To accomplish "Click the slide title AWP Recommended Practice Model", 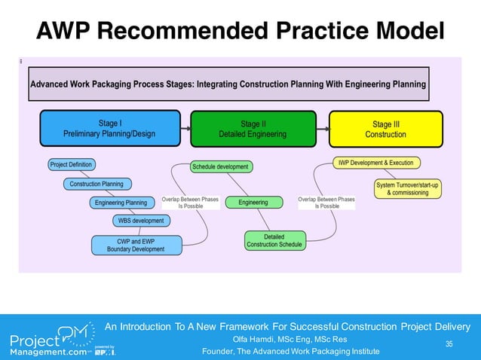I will (x=240, y=31).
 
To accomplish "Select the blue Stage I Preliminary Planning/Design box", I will (x=109, y=129).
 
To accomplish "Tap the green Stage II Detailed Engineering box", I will (x=252, y=129).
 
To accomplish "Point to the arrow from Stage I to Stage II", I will (x=185, y=129).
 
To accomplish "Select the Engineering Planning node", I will (x=120, y=203).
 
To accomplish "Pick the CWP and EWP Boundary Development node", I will (x=136, y=245).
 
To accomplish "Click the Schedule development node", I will (x=220, y=166).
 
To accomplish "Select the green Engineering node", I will (x=253, y=203).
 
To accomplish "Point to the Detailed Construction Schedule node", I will (x=274, y=240).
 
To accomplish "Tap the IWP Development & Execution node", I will (x=377, y=162).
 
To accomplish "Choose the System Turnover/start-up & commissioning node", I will (x=408, y=188).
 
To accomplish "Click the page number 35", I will (x=449, y=344).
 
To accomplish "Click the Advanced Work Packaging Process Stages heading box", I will (x=228, y=84).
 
